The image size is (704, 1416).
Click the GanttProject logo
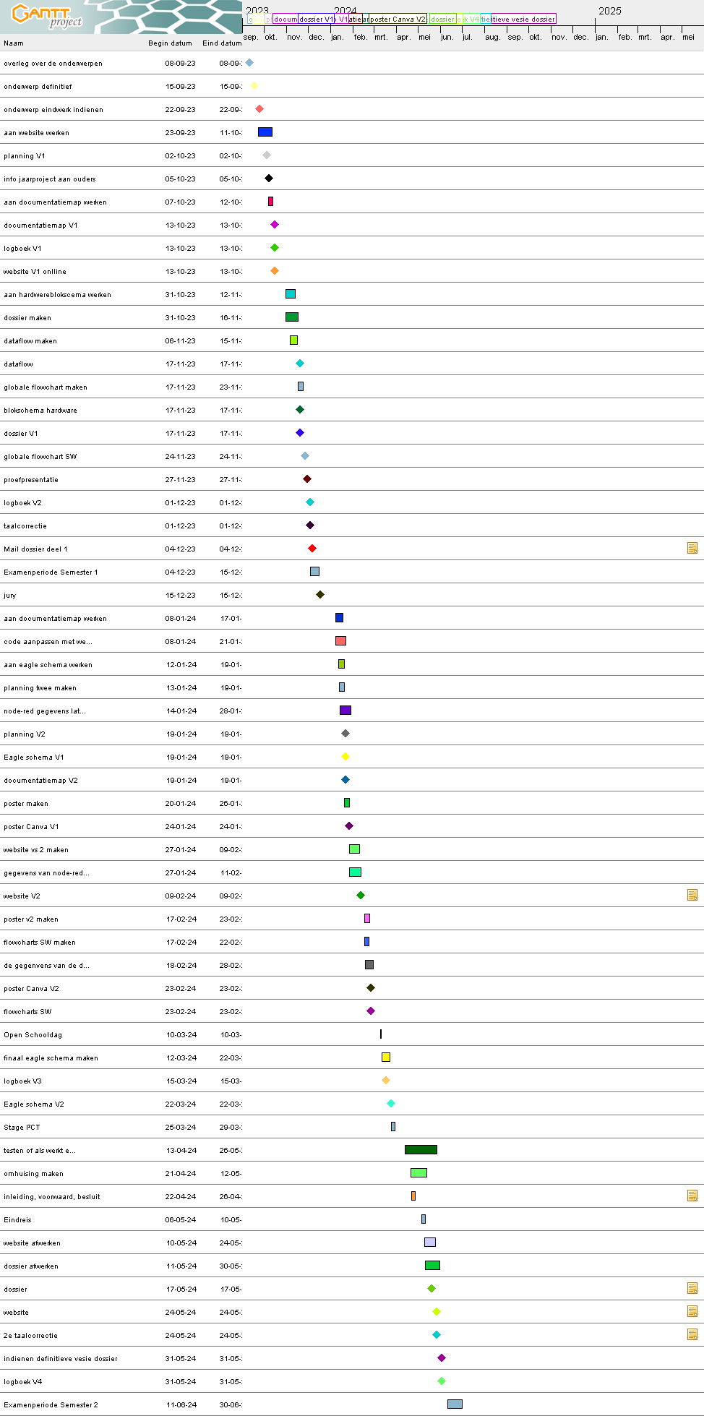(47, 16)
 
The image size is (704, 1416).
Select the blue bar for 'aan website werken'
(265, 132)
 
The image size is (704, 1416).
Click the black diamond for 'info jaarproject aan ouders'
(269, 179)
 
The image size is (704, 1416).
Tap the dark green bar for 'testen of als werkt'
(421, 1150)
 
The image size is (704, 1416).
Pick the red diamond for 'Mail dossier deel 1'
(312, 549)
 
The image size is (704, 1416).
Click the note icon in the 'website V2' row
(692, 895)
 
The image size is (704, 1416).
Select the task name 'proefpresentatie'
(31, 480)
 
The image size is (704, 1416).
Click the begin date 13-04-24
(181, 1151)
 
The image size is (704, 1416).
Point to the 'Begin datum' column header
(170, 43)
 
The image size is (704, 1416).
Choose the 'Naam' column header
(14, 43)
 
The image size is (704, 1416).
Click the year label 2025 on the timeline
(609, 11)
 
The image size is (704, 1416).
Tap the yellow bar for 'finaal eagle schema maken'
(386, 1057)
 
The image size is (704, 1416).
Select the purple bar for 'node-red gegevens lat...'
(345, 711)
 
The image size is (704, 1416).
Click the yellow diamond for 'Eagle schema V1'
(345, 757)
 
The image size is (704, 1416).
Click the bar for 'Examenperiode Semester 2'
(455, 1404)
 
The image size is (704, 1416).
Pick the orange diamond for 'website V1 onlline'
(275, 271)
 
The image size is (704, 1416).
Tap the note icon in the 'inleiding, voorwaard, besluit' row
(692, 1196)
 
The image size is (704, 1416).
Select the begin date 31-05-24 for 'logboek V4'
(181, 1382)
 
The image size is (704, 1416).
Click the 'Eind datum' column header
(222, 43)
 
